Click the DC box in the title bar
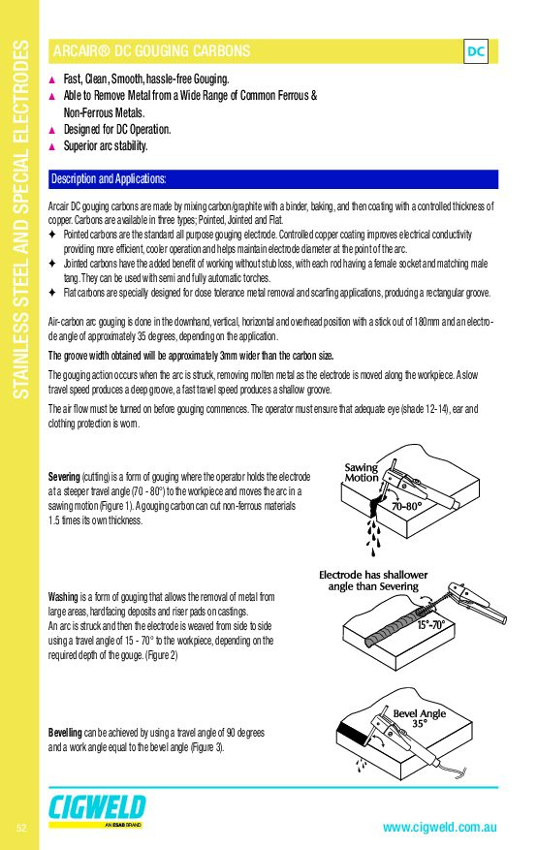coord(476,51)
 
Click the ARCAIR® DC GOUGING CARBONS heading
coord(152,51)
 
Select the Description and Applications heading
coord(109,179)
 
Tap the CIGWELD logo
coord(97,807)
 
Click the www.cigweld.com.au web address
coord(439,828)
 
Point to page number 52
coord(21,828)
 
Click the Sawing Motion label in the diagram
coord(362,472)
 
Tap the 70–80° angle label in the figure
coord(406,506)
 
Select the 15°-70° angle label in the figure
coord(430,625)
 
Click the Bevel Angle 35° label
coord(420,718)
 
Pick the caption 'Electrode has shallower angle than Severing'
coord(373,581)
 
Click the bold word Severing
coord(64,477)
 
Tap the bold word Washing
coord(63,597)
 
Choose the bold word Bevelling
coord(65,733)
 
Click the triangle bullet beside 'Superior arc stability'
coord(52,146)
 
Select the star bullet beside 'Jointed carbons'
coord(52,264)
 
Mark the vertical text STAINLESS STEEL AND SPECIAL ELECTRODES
coord(20,220)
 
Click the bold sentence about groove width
coord(191,356)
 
